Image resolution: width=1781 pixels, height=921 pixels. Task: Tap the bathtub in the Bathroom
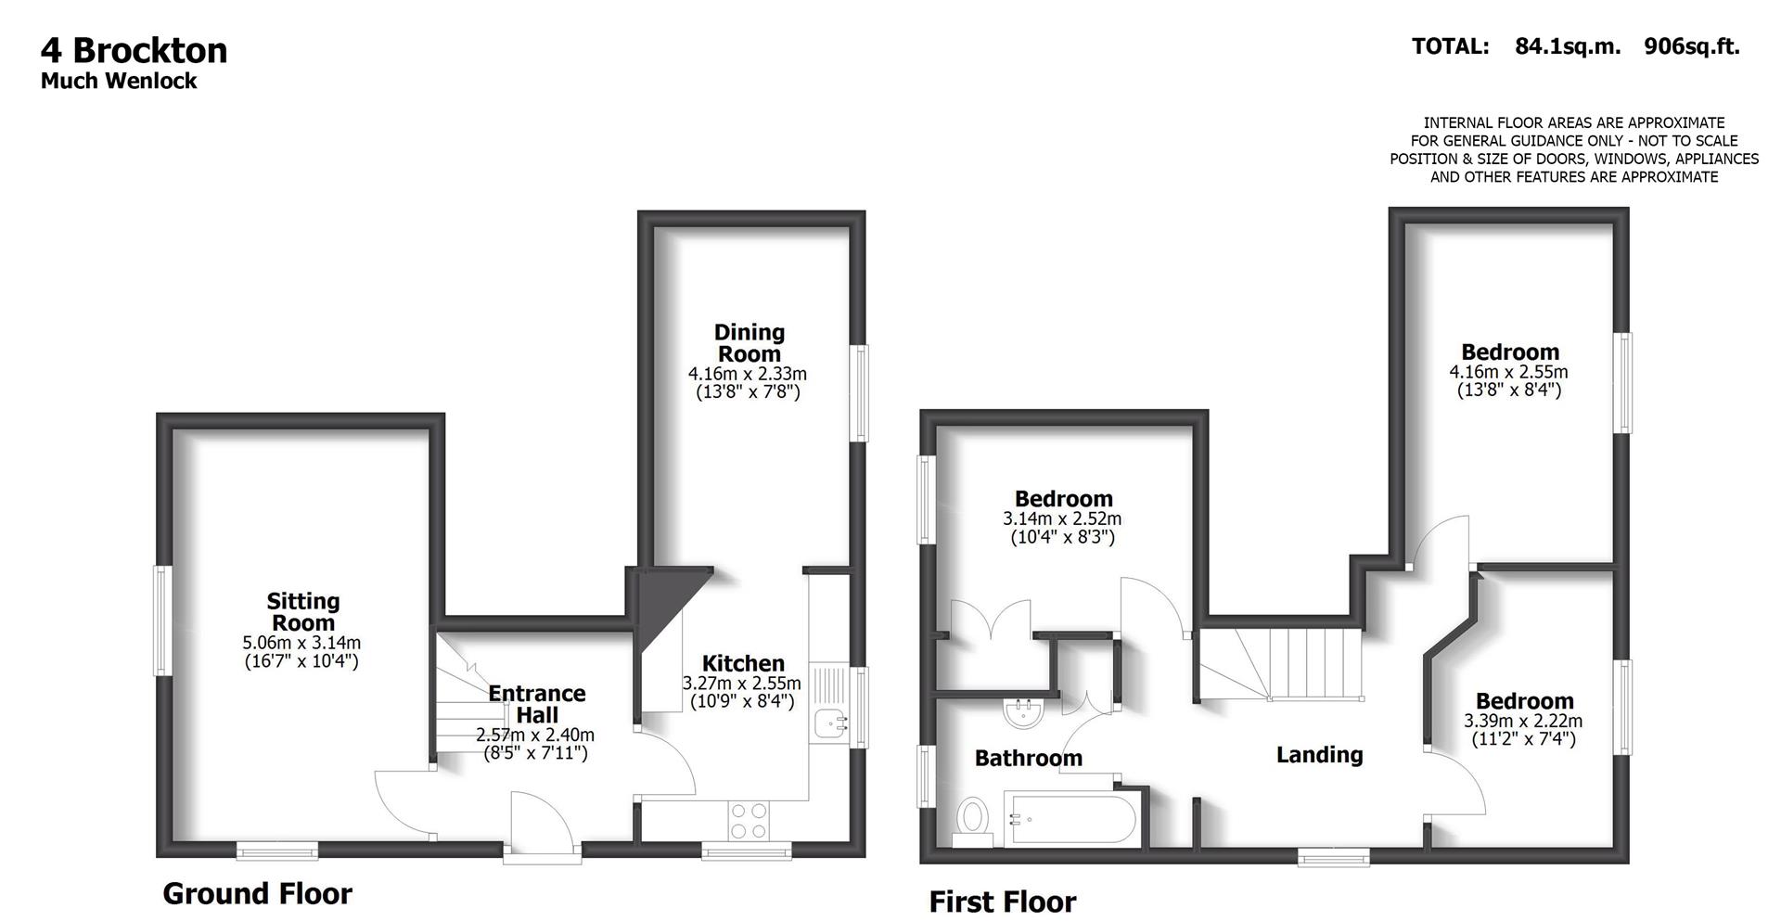point(1070,819)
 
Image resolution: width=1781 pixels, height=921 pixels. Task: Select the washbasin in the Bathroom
point(1025,712)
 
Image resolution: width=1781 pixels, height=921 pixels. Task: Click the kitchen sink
point(828,723)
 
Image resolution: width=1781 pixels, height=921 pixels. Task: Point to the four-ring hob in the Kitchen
point(749,819)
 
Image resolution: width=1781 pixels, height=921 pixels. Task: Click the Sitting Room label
point(303,612)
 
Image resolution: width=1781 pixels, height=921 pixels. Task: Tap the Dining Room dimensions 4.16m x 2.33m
point(748,374)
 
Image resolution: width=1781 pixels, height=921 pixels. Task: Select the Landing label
point(1319,755)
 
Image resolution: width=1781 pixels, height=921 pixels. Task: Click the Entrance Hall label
point(536,704)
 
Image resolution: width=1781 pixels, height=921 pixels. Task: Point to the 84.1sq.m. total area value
point(1568,46)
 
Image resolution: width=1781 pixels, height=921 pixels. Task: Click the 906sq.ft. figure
point(1691,46)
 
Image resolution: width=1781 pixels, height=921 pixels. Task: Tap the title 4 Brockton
point(135,50)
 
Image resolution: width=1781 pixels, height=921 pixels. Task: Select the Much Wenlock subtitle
point(119,82)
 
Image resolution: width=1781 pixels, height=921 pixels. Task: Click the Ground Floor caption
point(257,894)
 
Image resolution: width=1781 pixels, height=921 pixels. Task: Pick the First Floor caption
point(1002,902)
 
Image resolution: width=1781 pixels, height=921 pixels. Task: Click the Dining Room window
point(862,392)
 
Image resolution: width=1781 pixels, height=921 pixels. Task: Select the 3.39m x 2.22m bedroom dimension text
point(1523,721)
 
